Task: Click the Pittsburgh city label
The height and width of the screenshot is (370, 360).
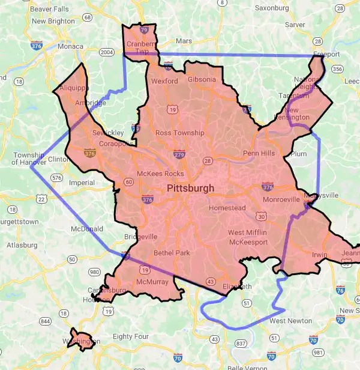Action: [x=190, y=189]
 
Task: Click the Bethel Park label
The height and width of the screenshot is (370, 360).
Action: [x=172, y=253]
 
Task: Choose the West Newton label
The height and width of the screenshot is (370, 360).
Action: [x=290, y=321]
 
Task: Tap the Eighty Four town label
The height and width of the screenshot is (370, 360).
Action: [x=130, y=336]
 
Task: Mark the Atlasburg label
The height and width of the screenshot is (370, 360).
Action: [x=22, y=245]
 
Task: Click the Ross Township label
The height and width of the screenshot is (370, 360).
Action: [x=180, y=133]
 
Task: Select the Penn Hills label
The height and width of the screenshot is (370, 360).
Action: [x=259, y=153]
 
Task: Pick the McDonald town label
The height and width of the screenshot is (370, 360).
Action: [x=87, y=229]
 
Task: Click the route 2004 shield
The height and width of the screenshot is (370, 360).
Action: [x=107, y=52]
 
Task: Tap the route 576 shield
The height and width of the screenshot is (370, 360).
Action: [x=57, y=178]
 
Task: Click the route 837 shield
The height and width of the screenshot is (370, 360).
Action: [x=241, y=343]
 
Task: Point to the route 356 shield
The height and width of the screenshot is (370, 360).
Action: [x=338, y=69]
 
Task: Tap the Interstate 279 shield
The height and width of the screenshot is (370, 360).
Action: [x=178, y=155]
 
